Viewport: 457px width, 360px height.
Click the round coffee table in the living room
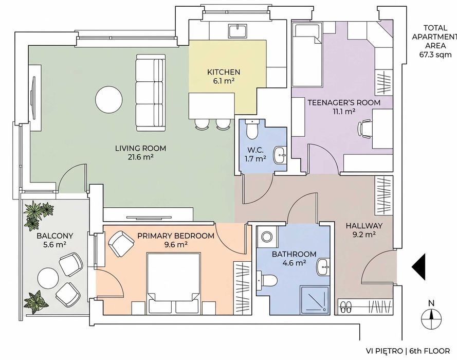click(109, 99)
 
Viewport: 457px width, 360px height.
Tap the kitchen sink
click(238, 31)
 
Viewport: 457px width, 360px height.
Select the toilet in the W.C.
click(251, 129)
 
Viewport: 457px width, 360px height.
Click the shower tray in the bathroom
click(315, 300)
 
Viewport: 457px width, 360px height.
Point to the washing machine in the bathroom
click(266, 237)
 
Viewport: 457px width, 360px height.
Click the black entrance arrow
click(418, 267)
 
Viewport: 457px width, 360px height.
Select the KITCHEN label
click(224, 72)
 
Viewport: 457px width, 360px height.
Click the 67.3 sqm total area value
click(435, 54)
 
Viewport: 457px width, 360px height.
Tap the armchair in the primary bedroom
click(121, 243)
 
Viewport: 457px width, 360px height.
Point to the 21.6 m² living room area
click(140, 157)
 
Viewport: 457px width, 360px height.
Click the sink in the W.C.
click(280, 155)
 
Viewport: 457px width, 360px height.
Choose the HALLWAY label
click(364, 226)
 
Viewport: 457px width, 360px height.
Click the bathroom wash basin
click(323, 266)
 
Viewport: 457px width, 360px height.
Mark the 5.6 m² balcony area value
click(54, 245)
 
